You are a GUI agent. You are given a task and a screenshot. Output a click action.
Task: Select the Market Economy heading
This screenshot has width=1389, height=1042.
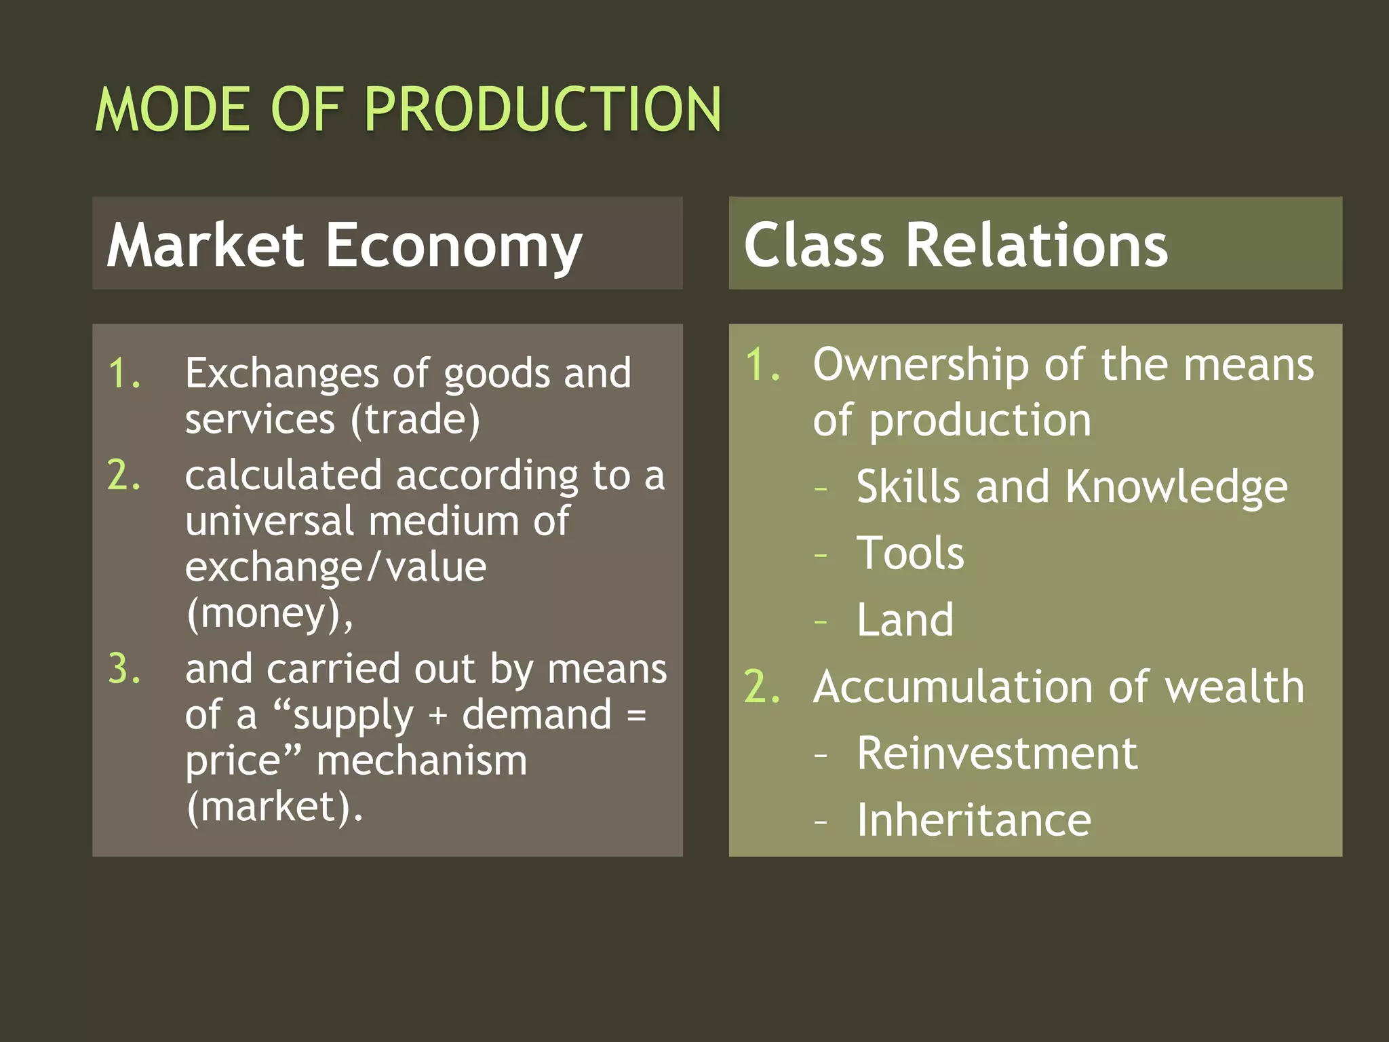344,246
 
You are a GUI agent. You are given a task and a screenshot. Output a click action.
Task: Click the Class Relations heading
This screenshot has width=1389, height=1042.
956,245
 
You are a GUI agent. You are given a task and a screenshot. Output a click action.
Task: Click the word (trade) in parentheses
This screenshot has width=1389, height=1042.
415,419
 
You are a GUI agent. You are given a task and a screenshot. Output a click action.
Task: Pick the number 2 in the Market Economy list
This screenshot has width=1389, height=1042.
123,475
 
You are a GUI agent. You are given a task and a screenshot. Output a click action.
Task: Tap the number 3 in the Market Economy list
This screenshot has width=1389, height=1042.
123,669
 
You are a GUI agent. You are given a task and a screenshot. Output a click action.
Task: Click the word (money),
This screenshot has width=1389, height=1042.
269,614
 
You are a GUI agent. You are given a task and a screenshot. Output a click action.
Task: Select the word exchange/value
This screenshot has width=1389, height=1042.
336,567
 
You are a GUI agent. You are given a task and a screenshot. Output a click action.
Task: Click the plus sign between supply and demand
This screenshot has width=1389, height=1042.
438,716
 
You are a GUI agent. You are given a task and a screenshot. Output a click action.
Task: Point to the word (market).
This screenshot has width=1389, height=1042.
275,807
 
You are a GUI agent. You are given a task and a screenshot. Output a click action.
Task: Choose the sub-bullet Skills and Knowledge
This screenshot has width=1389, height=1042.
1072,487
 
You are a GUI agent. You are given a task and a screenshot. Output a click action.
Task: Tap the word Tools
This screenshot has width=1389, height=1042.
910,553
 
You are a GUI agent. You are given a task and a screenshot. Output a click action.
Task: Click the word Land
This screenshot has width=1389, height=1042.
905,619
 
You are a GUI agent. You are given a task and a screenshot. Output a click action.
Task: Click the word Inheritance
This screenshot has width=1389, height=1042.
974,820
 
